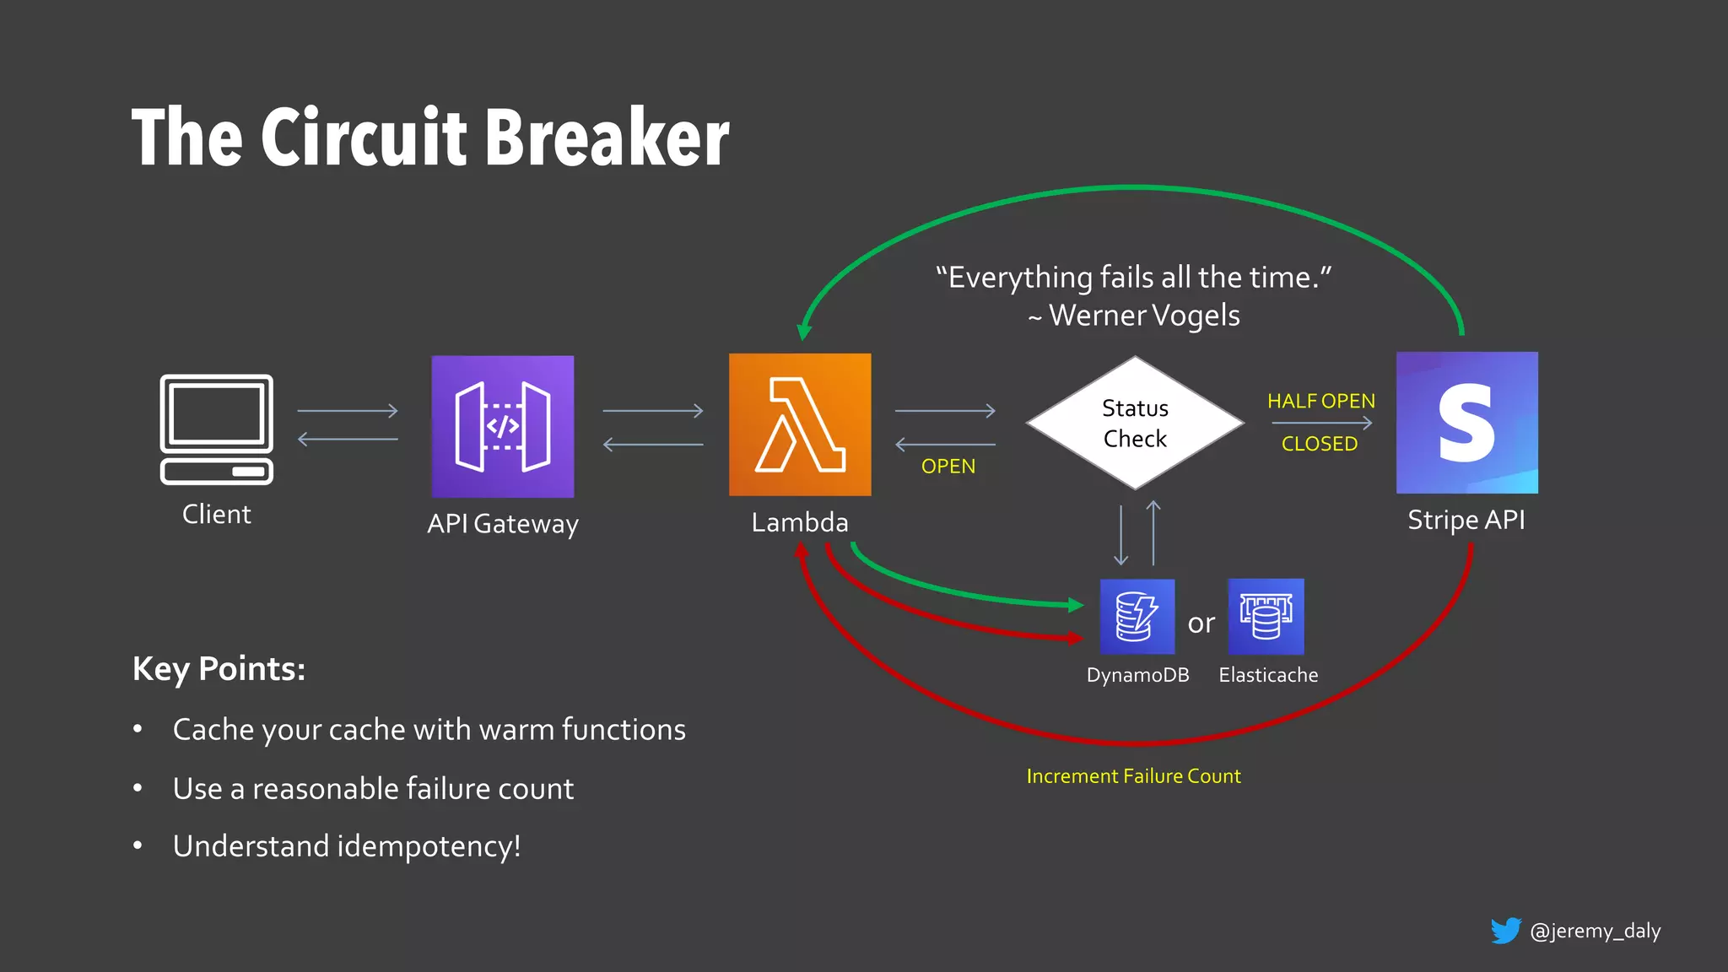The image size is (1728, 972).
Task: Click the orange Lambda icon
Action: [x=800, y=424]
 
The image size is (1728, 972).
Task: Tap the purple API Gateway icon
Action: [x=503, y=426]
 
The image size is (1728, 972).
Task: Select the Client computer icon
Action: [x=217, y=429]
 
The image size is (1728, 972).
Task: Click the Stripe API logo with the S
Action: [x=1466, y=423]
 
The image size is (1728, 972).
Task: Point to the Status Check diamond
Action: [x=1135, y=423]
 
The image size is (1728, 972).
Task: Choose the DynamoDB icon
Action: [x=1137, y=617]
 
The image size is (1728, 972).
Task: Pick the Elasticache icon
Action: [x=1266, y=617]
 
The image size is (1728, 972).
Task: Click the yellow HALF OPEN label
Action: [x=1320, y=401]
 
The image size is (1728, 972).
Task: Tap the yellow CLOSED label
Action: [x=1320, y=444]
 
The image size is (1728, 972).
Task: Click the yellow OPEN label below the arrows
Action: [x=948, y=467]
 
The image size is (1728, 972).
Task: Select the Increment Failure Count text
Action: [x=1133, y=776]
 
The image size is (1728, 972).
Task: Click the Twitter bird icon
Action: [x=1505, y=931]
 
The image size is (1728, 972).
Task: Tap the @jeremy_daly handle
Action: [x=1595, y=931]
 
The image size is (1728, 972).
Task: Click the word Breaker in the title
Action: [x=607, y=138]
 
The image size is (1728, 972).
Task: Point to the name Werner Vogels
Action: [x=1144, y=316]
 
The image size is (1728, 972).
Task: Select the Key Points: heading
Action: [x=219, y=669]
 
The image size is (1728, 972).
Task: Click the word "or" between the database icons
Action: [x=1201, y=624]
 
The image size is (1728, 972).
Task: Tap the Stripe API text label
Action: [x=1466, y=520]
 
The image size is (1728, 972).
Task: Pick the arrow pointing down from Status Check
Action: [x=1120, y=535]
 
